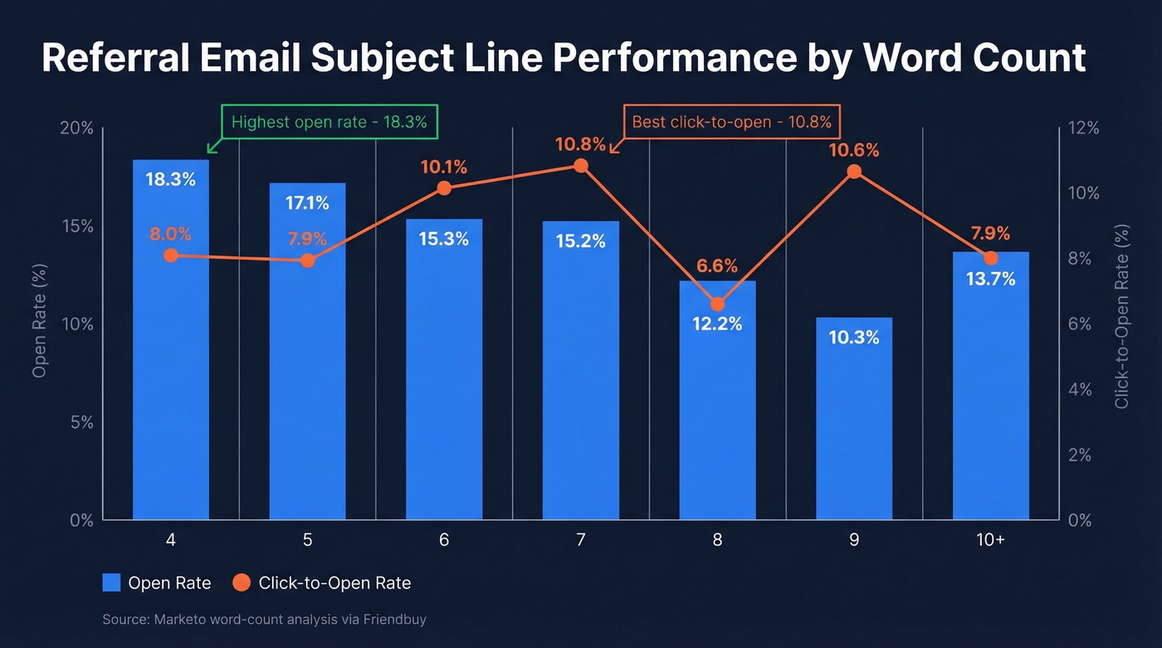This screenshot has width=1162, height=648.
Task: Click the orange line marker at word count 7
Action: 581,166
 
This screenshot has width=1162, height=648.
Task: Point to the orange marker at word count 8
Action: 717,304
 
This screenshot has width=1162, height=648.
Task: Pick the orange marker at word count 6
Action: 444,188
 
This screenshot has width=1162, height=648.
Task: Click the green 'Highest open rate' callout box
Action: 329,122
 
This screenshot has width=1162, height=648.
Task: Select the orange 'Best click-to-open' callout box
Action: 731,122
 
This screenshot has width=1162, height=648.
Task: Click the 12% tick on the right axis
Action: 1083,129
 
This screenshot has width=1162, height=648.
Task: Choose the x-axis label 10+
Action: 990,540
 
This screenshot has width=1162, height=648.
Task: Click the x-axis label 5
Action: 307,540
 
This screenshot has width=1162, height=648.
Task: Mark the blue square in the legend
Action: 112,583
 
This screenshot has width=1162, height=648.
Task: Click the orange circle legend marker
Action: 241,583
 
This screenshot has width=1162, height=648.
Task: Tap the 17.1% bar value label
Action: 307,202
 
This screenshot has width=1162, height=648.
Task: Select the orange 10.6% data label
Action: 853,150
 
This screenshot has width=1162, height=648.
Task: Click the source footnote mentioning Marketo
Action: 264,620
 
